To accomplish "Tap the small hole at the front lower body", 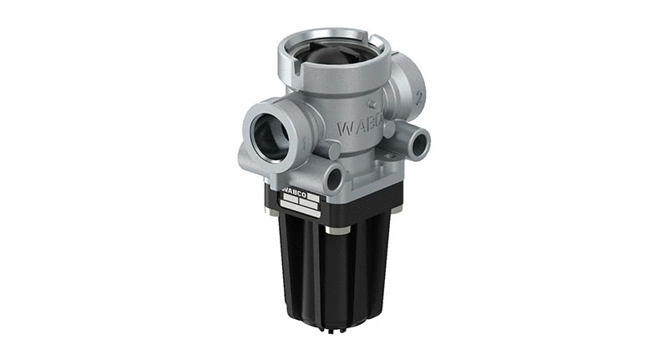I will (335, 176).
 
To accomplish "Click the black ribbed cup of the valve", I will (334, 267).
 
